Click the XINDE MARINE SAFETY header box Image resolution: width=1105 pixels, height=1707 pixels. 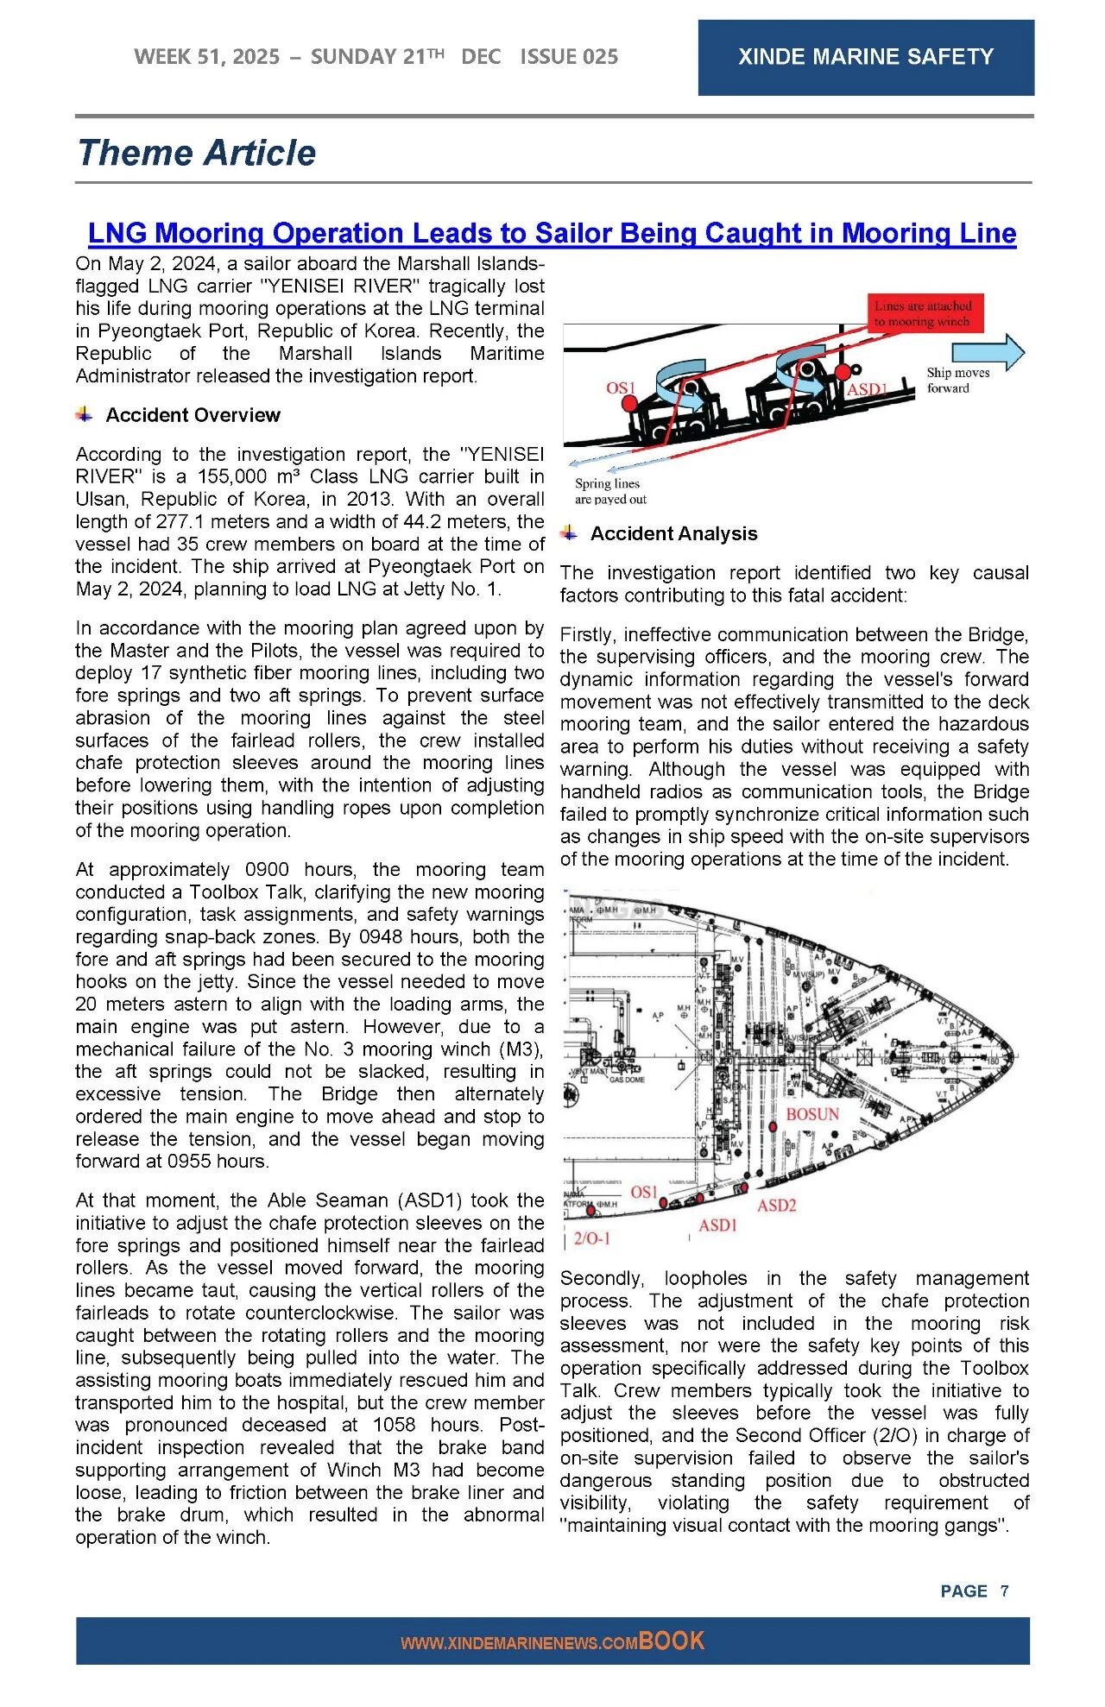coord(865,57)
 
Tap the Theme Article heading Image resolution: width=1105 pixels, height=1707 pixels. coord(197,153)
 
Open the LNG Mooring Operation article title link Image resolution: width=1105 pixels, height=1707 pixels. coord(552,233)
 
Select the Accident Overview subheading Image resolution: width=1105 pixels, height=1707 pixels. coord(193,415)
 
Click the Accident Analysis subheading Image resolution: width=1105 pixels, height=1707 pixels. coord(673,533)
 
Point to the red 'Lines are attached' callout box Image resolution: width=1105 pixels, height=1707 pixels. coord(923,313)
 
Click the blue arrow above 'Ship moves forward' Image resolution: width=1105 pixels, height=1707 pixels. coord(988,352)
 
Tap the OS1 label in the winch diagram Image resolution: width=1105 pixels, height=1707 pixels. coord(620,387)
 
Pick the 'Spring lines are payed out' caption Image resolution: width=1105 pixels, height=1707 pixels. coord(610,491)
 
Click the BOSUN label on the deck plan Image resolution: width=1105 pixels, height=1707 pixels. coord(811,1114)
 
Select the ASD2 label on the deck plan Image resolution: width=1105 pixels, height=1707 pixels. coord(776,1205)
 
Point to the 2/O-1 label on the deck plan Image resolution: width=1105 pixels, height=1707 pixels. coord(592,1238)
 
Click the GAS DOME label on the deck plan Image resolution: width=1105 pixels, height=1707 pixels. coord(627,1080)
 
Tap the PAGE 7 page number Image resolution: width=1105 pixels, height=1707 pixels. coord(974,1590)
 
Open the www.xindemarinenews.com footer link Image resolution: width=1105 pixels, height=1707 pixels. coord(519,1643)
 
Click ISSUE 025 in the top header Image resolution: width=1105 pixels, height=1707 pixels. coord(569,57)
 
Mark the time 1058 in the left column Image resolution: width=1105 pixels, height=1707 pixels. coord(395,1425)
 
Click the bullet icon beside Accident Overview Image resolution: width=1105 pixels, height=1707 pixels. coord(84,414)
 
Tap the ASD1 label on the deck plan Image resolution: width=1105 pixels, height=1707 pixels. coord(717,1225)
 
